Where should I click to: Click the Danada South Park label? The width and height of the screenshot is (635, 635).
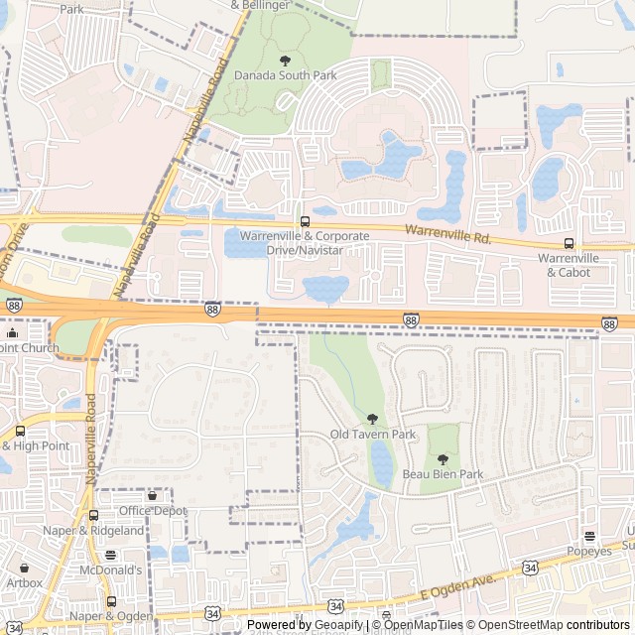click(272, 74)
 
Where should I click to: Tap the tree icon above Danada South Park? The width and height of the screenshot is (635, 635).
click(286, 60)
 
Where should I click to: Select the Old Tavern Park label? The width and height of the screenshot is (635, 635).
click(372, 435)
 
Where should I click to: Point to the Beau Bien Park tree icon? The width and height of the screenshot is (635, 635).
click(443, 459)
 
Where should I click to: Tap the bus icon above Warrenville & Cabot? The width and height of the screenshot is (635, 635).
click(569, 243)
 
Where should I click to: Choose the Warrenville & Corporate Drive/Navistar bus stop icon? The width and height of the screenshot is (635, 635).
click(305, 221)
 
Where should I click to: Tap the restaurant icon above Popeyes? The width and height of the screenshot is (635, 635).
click(589, 536)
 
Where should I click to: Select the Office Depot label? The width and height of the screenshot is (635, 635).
click(153, 510)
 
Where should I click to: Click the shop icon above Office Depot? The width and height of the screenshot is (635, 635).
click(152, 495)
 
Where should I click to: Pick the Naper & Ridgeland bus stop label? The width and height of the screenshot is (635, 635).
click(93, 531)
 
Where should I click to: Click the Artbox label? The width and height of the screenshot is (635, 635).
click(24, 582)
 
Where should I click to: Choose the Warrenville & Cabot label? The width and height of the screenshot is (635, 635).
click(570, 265)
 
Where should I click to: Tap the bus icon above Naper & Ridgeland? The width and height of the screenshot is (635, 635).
click(93, 516)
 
